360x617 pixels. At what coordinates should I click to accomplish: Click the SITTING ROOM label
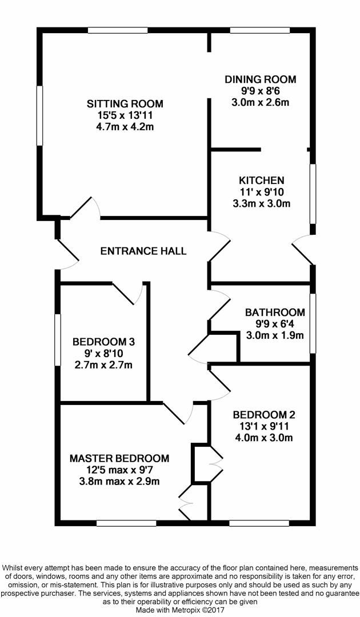coord(125,104)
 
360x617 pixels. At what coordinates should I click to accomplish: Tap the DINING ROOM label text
coord(261,79)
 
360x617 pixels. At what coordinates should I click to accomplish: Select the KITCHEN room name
coord(261,181)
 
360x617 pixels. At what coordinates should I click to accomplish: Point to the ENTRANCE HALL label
coord(143,251)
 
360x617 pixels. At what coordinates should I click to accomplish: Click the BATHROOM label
coord(275,312)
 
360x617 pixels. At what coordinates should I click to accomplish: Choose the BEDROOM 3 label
coord(103,342)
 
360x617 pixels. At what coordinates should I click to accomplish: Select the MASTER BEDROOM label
coord(119,458)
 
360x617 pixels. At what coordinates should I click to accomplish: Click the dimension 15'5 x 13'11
coord(125,115)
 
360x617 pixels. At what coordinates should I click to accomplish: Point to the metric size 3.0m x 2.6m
coord(261,103)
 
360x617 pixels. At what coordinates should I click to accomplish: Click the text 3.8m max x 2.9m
coord(119,482)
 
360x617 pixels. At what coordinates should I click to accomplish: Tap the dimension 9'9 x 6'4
coord(275,324)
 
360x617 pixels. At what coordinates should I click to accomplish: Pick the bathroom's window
coord(313,323)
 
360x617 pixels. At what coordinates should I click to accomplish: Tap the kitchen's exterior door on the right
coord(303,249)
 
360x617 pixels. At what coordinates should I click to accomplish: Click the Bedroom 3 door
coord(129,293)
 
